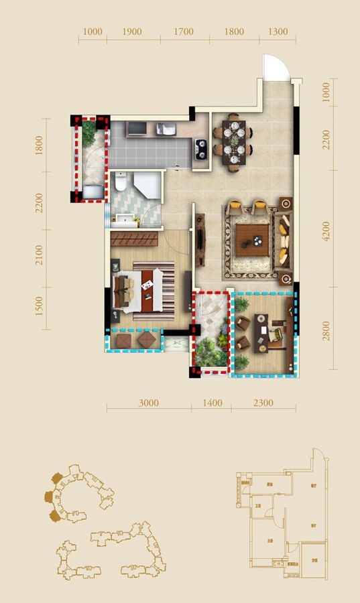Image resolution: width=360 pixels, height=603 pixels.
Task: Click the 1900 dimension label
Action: [x=133, y=31]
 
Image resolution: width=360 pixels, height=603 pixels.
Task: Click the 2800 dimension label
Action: [x=326, y=332]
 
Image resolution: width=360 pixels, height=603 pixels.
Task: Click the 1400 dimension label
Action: [x=211, y=403]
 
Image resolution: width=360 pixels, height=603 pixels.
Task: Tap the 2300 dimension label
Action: [x=263, y=403]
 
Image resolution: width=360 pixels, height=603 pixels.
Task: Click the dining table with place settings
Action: [x=233, y=142]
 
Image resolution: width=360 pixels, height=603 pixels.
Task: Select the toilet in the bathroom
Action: [x=121, y=182]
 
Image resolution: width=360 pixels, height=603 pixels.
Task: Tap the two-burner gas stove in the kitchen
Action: [x=200, y=148]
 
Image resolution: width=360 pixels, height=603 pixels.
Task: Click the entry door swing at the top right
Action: [x=275, y=67]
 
